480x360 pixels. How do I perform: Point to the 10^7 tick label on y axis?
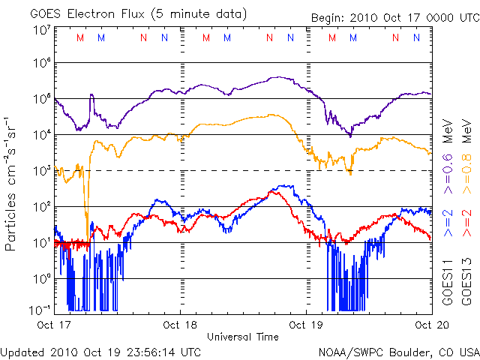41,30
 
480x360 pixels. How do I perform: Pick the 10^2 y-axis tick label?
41,205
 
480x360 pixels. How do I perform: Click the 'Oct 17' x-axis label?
54,325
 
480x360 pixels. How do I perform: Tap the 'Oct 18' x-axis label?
180,325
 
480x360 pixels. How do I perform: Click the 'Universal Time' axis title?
242,337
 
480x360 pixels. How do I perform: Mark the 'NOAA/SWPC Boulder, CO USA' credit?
398,351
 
